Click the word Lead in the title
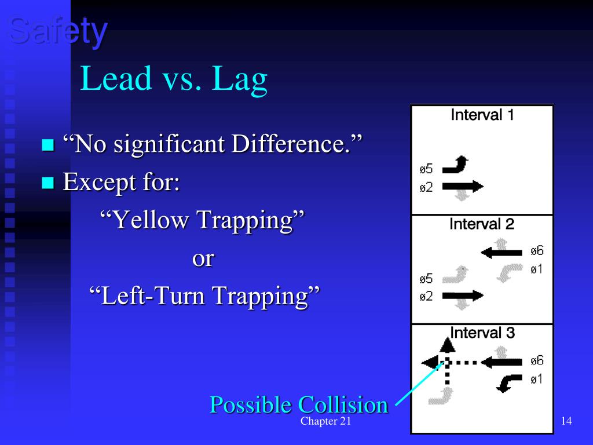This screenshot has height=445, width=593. (x=115, y=79)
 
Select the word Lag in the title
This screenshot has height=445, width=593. (x=239, y=80)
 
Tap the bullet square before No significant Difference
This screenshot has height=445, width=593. (x=47, y=145)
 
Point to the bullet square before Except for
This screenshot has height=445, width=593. (x=47, y=184)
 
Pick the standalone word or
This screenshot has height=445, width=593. (x=203, y=258)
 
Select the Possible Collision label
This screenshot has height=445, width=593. (x=298, y=404)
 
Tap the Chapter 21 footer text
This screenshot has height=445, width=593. (x=325, y=421)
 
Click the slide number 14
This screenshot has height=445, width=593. (x=566, y=421)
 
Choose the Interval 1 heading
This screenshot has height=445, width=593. (x=482, y=115)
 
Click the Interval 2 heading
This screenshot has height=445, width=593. (x=482, y=224)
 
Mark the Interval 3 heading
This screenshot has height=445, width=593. (x=482, y=333)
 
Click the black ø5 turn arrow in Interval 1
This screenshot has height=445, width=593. (x=456, y=167)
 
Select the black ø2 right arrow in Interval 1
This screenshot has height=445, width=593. (x=462, y=187)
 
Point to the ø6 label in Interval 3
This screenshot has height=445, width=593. (x=537, y=361)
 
